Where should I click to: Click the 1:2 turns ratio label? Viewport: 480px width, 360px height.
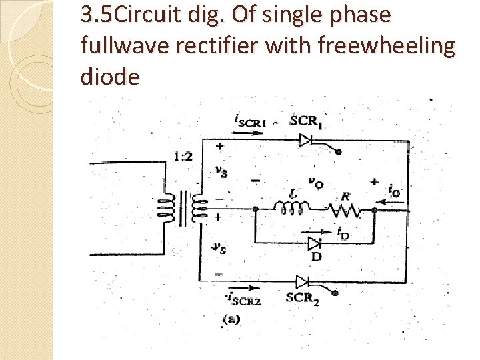pyautogui.click(x=184, y=157)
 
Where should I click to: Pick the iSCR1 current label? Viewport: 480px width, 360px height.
pyautogui.click(x=251, y=121)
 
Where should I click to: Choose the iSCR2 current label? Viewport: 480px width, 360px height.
pyautogui.click(x=243, y=299)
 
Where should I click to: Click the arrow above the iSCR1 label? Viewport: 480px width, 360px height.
pyautogui.click(x=248, y=132)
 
